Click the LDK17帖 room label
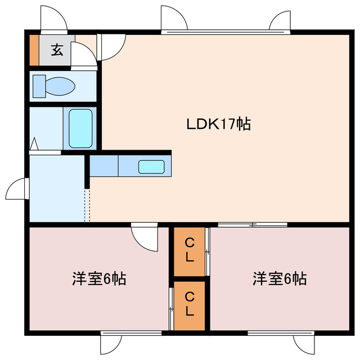click(x=218, y=124)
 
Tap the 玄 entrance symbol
click(x=57, y=50)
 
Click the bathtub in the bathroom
click(x=80, y=128)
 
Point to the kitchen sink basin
click(x=151, y=166)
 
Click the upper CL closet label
click(x=190, y=251)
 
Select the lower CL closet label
click(x=190, y=304)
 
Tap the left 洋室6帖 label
click(x=99, y=278)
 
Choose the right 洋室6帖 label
click(x=280, y=278)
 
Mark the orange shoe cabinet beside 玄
click(x=34, y=51)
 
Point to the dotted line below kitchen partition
click(x=87, y=205)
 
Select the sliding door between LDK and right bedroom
click(x=253, y=225)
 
